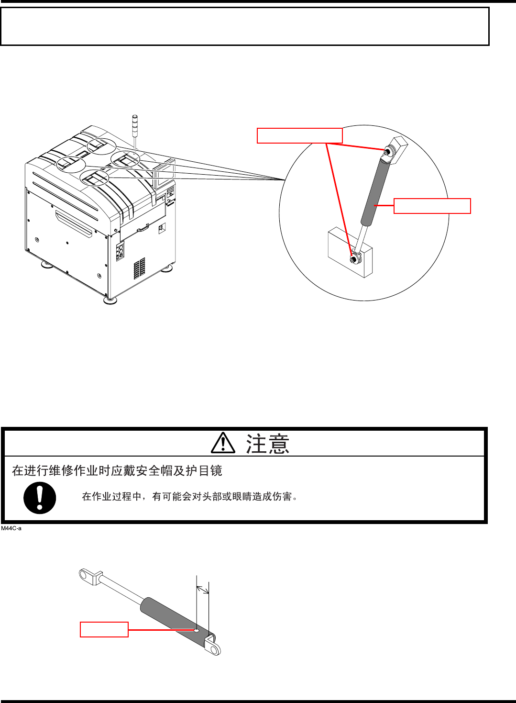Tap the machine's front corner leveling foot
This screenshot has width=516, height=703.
[x=110, y=300]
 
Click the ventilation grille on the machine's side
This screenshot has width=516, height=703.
[x=139, y=268]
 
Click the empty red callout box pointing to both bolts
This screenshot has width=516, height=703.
[x=299, y=135]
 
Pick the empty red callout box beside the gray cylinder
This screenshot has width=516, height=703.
[x=432, y=206]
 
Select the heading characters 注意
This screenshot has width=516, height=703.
[x=267, y=444]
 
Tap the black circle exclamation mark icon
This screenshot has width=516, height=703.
[x=40, y=498]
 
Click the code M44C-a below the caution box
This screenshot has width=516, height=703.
[x=11, y=528]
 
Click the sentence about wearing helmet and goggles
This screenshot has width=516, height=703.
[x=117, y=471]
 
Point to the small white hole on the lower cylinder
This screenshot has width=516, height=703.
[x=197, y=630]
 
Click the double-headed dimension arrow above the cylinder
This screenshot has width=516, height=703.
[x=203, y=589]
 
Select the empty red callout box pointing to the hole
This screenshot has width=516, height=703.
[x=104, y=629]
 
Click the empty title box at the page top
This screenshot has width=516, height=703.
[x=244, y=26]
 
